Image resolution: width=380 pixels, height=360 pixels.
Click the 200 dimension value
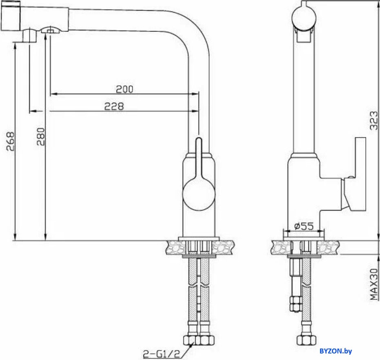click(x=125, y=89)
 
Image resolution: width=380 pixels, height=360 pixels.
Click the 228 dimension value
click(x=114, y=106)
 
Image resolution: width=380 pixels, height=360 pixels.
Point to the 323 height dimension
click(x=373, y=121)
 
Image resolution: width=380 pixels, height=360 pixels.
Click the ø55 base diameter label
click(x=303, y=226)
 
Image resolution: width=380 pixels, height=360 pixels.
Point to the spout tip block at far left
click(x=11, y=18)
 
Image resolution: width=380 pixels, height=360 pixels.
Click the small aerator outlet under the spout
click(x=50, y=31)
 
